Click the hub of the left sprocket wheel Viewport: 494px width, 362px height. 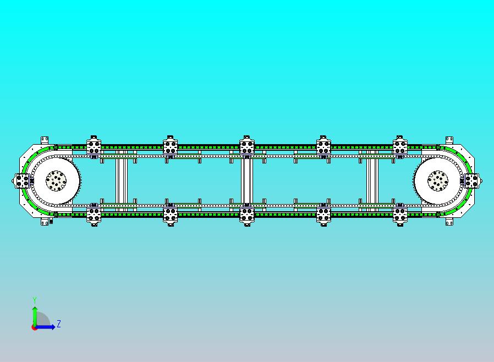[x=56, y=180]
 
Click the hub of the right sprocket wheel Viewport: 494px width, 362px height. [x=437, y=180]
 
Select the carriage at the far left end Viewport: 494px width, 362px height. [x=22, y=181]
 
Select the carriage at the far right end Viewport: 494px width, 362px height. [x=471, y=181]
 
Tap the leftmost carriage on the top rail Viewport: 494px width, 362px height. [x=94, y=147]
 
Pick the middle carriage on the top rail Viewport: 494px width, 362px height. [x=247, y=147]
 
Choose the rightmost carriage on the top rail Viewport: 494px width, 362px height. [x=400, y=147]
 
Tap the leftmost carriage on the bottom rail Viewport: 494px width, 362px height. [x=94, y=215]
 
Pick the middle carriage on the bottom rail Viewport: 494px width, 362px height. [x=247, y=215]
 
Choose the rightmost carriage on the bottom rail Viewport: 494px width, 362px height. [x=400, y=215]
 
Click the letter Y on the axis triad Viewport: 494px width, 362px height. [x=35, y=300]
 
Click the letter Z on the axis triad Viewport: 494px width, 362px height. [x=59, y=323]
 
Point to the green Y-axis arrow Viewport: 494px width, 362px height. [x=35, y=317]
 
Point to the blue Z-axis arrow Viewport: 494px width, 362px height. [x=44, y=327]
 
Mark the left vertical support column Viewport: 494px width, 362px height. [x=121, y=181]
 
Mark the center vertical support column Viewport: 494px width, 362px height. [x=247, y=181]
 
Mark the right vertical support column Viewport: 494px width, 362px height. [x=372, y=181]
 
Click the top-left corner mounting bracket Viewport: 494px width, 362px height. [x=45, y=140]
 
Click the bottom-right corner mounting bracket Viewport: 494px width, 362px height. [x=449, y=222]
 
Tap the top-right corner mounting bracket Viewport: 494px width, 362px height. [x=449, y=140]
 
